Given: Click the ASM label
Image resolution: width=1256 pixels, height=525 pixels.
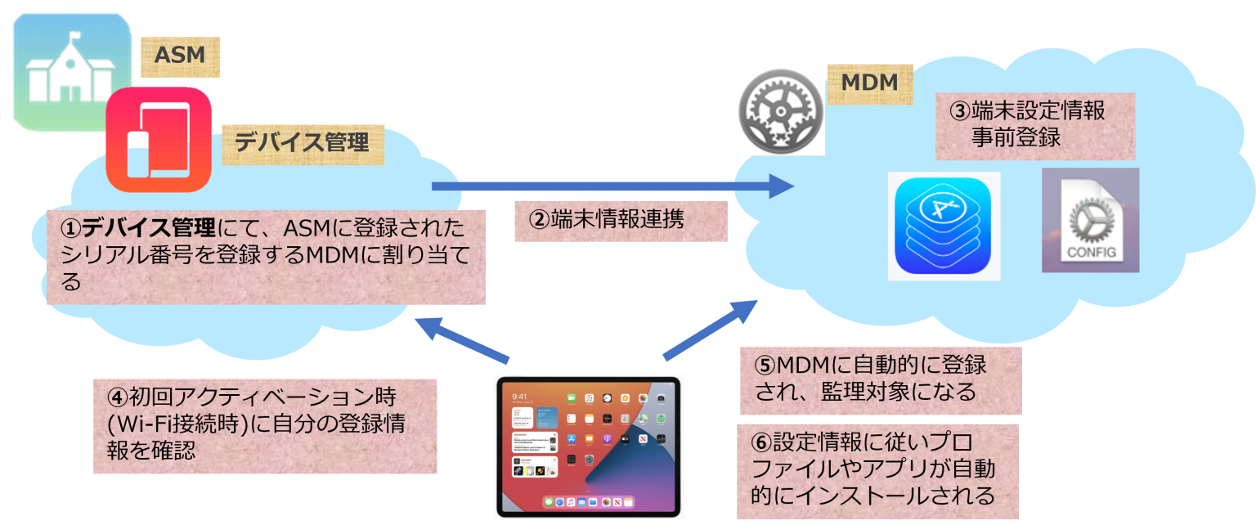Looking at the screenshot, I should point(180,56).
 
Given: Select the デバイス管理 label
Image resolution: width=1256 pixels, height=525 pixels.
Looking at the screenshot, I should point(303,142).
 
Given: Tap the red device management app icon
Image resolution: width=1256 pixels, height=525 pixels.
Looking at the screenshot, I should point(159,139).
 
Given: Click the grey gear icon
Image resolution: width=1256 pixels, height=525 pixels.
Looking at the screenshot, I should point(780,111).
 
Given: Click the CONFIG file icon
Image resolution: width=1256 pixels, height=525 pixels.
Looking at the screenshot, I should point(1090,221).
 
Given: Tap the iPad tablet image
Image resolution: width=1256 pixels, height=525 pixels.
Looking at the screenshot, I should point(588,446).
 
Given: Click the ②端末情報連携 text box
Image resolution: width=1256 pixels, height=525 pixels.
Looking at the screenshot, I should point(620,221).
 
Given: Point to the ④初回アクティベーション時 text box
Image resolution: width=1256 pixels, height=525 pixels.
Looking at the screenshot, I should point(265,424).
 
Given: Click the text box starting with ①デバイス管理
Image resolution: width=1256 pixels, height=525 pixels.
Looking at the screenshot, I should point(265,254).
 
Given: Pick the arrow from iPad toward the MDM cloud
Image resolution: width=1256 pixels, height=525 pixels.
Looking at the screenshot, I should point(710,330).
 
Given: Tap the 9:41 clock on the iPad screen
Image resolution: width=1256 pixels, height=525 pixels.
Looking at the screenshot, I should point(519,397).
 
